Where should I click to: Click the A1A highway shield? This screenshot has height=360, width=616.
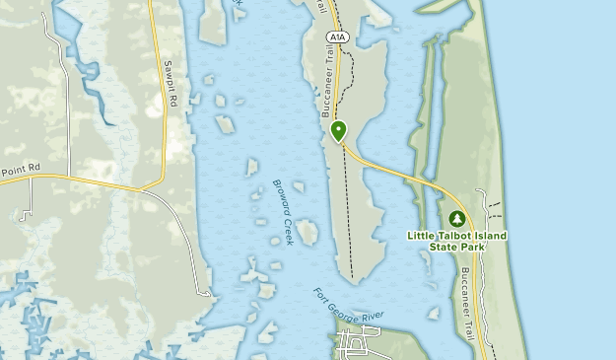point(337,36)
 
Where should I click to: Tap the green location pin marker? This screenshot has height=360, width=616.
point(339,130)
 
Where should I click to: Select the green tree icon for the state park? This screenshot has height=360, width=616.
point(456,218)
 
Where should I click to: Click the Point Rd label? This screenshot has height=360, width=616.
point(19,170)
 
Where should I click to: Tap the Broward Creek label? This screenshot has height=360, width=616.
point(282,211)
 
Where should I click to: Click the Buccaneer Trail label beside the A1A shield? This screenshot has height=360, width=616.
point(326,84)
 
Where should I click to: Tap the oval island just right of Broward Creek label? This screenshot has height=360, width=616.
point(307,233)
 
